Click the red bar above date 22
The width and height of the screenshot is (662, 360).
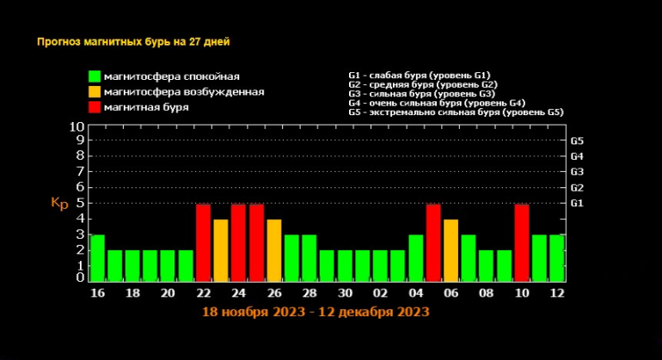(x=203, y=242)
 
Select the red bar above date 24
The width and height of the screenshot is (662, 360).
(x=238, y=242)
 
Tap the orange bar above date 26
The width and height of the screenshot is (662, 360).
(x=273, y=250)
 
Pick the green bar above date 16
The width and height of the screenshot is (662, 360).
(x=97, y=258)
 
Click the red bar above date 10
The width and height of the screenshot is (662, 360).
(x=521, y=242)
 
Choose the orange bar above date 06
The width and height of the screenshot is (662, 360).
(x=451, y=250)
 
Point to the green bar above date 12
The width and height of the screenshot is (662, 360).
(x=556, y=258)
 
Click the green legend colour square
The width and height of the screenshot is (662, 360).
(x=94, y=77)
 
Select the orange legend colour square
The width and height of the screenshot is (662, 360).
(x=94, y=92)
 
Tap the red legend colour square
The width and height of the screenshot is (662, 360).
(x=94, y=107)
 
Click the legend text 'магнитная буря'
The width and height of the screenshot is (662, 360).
(x=145, y=107)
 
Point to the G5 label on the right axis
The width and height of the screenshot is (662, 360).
(x=577, y=140)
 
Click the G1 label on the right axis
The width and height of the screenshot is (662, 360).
(x=577, y=203)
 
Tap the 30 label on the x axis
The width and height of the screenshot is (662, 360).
(x=344, y=294)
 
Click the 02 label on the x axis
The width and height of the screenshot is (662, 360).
(x=379, y=294)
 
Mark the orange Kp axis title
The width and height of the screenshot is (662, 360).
(x=59, y=204)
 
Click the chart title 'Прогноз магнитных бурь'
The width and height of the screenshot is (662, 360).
(x=133, y=41)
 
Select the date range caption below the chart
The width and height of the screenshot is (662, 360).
(x=316, y=313)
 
